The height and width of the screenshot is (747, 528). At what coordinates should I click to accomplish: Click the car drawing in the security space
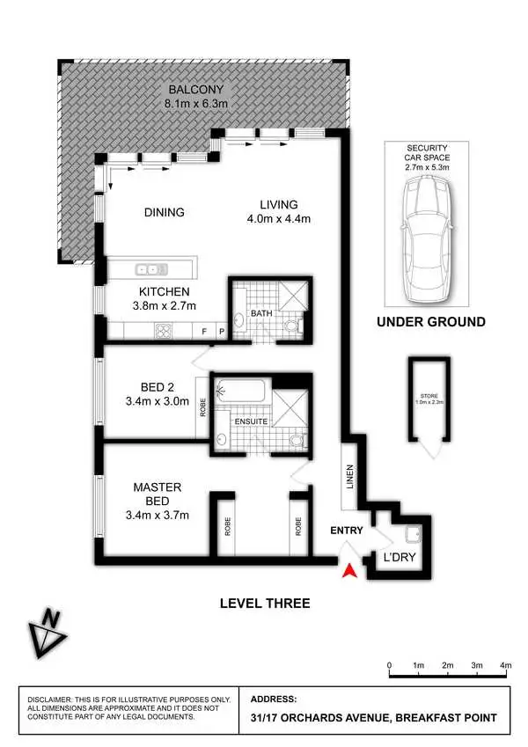tap(426, 233)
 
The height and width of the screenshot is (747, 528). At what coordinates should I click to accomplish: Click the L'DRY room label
tap(396, 559)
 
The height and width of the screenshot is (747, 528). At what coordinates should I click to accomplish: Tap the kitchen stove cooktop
tap(163, 331)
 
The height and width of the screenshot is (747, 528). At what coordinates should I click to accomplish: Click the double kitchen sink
tap(152, 268)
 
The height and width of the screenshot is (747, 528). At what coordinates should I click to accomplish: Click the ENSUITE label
tap(252, 421)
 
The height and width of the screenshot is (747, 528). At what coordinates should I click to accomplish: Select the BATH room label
tap(260, 312)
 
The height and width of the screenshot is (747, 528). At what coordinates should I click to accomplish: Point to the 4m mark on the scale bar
tap(505, 665)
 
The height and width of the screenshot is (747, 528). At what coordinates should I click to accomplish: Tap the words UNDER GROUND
tap(430, 322)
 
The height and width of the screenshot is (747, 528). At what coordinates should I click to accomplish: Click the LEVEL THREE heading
tap(264, 603)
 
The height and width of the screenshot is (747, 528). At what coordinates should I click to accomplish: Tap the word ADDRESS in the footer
tap(274, 697)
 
